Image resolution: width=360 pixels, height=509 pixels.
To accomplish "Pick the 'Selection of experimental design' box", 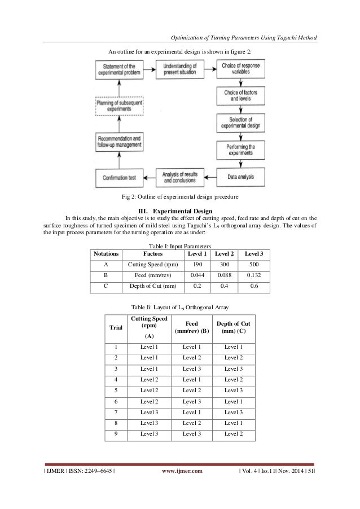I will point(240,122).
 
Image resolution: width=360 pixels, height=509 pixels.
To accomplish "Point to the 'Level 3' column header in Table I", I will point(253,254).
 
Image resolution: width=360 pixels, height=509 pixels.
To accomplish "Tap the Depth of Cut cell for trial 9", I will point(234,435).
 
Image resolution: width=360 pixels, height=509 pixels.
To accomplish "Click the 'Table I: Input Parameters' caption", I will point(179,246).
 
